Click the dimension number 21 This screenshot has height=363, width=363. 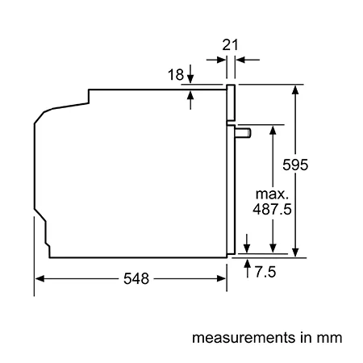(230, 45)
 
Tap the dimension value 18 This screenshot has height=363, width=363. (176, 74)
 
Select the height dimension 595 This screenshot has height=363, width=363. (295, 165)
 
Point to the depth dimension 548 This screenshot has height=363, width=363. (136, 278)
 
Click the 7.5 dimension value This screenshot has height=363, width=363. (265, 272)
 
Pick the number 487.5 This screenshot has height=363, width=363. (272, 209)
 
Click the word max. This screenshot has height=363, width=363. (272, 194)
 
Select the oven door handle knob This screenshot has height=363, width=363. (243, 133)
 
